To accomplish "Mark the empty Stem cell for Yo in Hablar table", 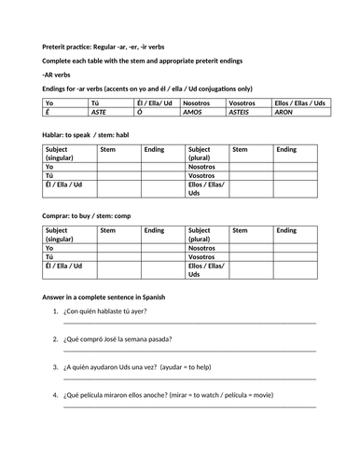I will (120, 166).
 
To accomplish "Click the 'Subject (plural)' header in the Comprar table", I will (206, 234).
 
